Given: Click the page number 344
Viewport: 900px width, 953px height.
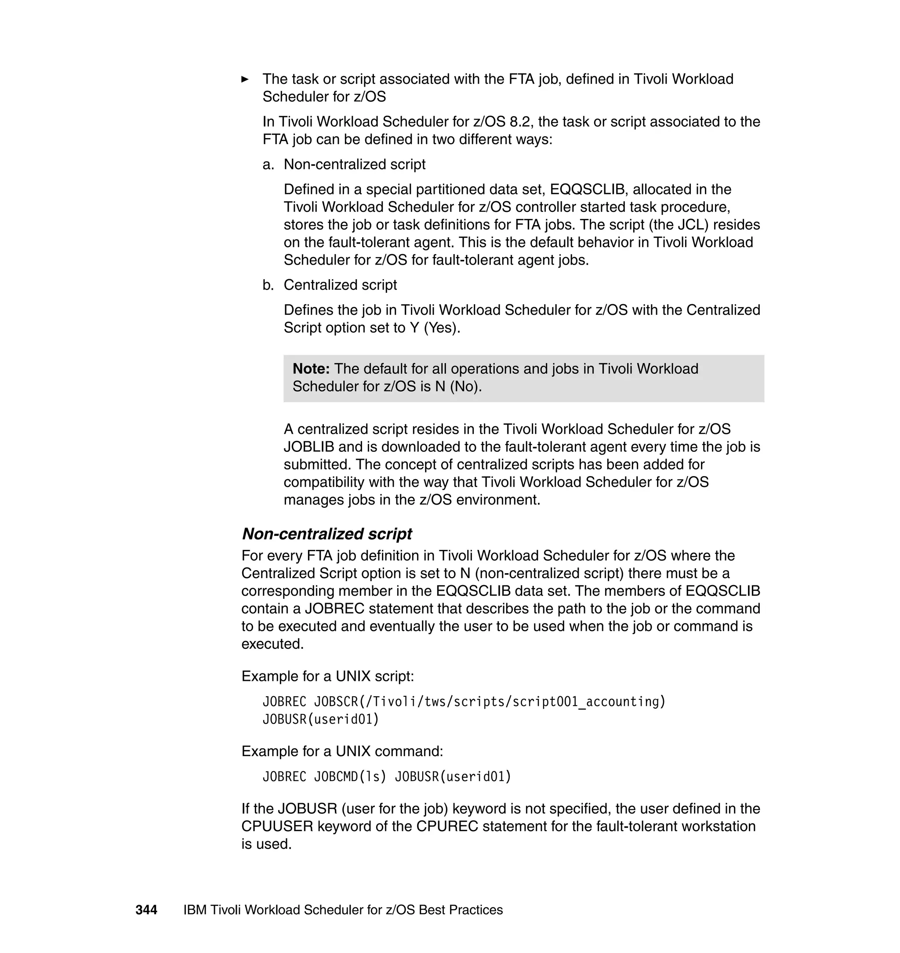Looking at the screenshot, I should tap(146, 910).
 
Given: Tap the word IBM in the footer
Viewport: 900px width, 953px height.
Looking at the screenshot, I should tap(195, 910).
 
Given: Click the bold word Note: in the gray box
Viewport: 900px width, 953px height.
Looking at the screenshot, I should tap(311, 368).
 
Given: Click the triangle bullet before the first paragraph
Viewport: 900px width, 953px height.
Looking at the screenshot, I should tap(245, 79).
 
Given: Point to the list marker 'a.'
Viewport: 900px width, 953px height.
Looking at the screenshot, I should tap(268, 164).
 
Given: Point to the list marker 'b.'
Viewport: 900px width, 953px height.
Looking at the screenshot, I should tap(268, 285).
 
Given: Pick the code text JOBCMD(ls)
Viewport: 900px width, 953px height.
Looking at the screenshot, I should tap(350, 776).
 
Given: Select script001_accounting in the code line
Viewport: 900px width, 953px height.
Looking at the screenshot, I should tap(587, 702).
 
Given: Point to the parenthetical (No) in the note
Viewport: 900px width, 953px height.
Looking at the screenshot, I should tap(465, 386).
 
